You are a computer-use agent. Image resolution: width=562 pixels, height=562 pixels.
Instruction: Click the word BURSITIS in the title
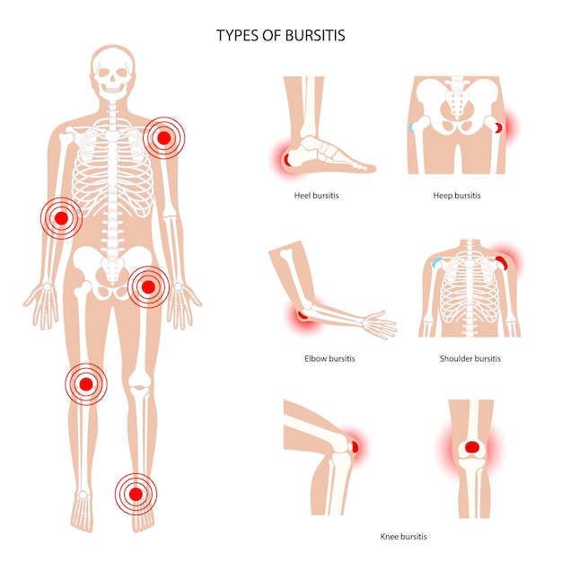(x=315, y=36)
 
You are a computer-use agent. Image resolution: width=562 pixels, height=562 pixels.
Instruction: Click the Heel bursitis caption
(x=316, y=196)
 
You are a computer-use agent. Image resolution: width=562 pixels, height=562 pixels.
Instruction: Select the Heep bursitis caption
(x=457, y=196)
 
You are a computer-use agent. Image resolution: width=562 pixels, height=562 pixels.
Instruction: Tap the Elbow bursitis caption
(x=329, y=358)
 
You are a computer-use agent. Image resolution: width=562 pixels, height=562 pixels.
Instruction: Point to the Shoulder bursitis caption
(x=470, y=358)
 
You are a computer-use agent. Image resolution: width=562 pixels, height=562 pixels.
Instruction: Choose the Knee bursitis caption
(x=403, y=537)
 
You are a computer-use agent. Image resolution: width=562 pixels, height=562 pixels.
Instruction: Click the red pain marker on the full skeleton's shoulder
(x=163, y=138)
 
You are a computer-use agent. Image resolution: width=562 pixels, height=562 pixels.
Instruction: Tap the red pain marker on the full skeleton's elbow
(x=61, y=218)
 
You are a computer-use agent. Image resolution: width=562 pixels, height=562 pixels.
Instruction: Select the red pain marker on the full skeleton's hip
(x=148, y=286)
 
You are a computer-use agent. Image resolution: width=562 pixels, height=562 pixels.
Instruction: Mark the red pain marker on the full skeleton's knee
(x=86, y=384)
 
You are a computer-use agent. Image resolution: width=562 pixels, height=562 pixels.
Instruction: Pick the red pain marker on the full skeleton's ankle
(x=136, y=495)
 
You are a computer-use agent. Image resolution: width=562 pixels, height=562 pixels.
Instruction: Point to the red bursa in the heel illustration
(x=286, y=160)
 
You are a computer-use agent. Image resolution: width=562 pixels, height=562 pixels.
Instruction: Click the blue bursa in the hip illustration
(x=412, y=127)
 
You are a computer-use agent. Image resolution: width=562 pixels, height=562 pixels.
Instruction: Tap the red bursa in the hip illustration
(x=499, y=127)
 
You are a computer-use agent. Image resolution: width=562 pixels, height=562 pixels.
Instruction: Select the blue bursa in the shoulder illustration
(x=436, y=262)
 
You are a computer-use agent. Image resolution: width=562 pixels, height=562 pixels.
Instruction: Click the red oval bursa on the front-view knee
(x=472, y=447)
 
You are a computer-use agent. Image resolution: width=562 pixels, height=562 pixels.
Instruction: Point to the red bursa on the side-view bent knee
(x=356, y=447)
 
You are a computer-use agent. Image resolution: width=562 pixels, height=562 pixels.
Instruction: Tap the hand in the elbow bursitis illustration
(x=379, y=324)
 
